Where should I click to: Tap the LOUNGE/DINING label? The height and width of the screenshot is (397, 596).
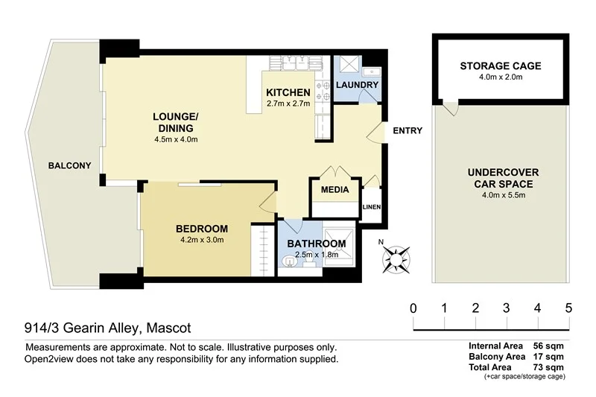click(x=175, y=121)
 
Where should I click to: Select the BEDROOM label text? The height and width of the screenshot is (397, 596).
click(x=202, y=229)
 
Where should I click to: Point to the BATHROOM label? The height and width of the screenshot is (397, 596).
click(x=317, y=244)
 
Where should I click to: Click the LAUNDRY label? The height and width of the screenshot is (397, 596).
click(x=358, y=86)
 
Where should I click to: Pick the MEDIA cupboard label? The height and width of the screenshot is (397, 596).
click(x=335, y=190)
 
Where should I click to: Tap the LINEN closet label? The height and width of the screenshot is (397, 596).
click(x=371, y=207)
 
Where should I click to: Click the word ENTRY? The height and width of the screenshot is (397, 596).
click(x=408, y=130)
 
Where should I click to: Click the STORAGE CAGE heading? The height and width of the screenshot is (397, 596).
click(x=500, y=66)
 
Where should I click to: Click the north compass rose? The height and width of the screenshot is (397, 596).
click(x=396, y=259)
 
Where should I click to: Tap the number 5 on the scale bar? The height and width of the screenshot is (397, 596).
click(x=568, y=308)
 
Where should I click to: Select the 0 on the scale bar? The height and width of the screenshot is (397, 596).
click(x=413, y=308)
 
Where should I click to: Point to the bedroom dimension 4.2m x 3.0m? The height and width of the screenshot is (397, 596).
click(x=202, y=240)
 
